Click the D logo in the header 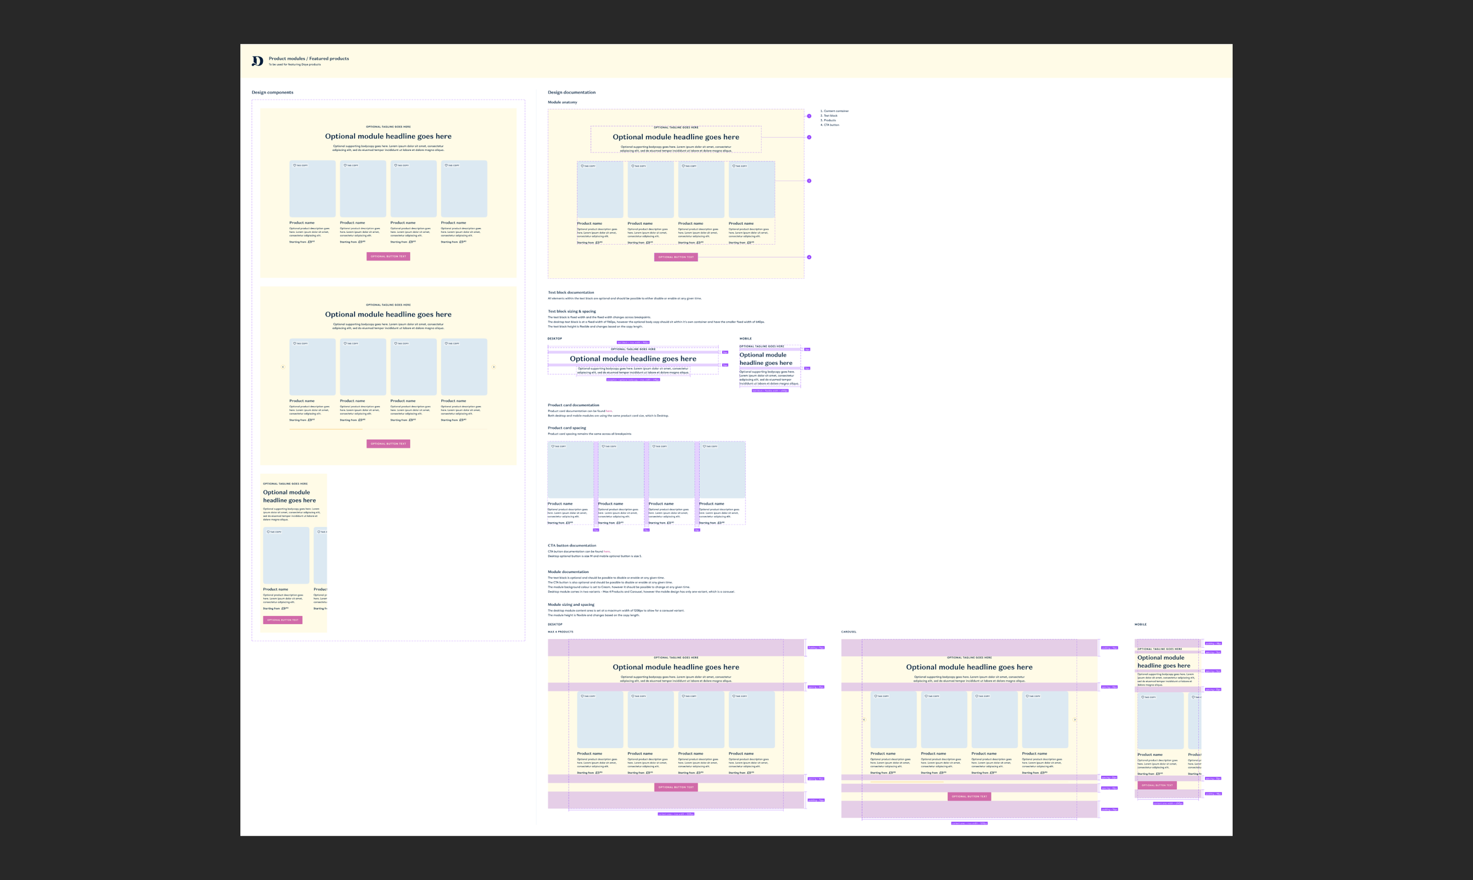click(x=257, y=61)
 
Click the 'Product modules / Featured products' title click(x=308, y=58)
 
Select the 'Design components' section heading click(x=272, y=93)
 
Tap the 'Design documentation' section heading click(x=572, y=93)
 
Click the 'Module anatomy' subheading click(x=562, y=102)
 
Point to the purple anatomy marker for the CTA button click(x=809, y=258)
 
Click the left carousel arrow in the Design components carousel click(x=283, y=367)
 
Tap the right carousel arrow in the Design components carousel click(x=494, y=367)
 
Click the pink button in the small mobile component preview click(x=282, y=619)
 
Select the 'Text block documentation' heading click(x=570, y=292)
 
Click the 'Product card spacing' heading click(x=567, y=427)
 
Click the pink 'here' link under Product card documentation click(x=609, y=411)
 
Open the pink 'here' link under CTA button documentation click(x=606, y=552)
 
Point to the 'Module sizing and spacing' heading click(x=571, y=604)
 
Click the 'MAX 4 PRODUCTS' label click(x=560, y=631)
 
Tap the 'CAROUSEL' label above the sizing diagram click(x=848, y=631)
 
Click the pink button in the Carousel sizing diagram click(x=969, y=796)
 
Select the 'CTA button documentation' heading click(x=572, y=546)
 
